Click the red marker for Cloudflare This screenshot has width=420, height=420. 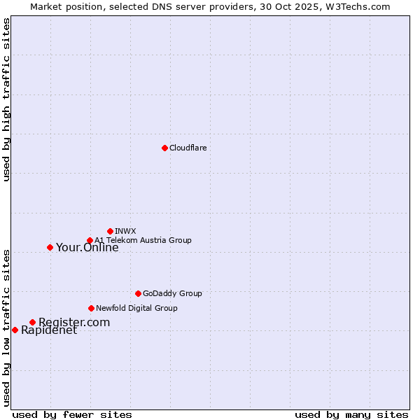pyautogui.click(x=164, y=148)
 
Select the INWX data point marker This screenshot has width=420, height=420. pyautogui.click(x=110, y=231)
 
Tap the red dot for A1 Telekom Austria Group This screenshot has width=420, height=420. pyautogui.click(x=90, y=241)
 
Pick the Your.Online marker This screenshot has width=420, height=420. pyautogui.click(x=50, y=247)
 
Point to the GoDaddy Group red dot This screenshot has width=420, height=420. pyautogui.click(x=138, y=293)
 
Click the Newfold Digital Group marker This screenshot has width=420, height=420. pyautogui.click(x=91, y=308)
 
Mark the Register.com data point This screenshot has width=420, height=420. pyautogui.click(x=32, y=322)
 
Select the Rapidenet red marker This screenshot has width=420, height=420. pyautogui.click(x=15, y=330)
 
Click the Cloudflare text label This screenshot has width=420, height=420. pyautogui.click(x=188, y=148)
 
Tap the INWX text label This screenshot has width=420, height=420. pyautogui.click(x=125, y=231)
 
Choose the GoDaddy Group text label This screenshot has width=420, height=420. pyautogui.click(x=172, y=293)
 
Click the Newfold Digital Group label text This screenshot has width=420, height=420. pyautogui.click(x=136, y=308)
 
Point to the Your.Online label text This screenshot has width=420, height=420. pyautogui.click(x=87, y=247)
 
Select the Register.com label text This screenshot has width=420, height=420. pyautogui.click(x=74, y=322)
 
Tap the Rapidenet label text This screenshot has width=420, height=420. pyautogui.click(x=49, y=330)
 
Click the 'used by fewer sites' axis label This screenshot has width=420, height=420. pyautogui.click(x=72, y=414)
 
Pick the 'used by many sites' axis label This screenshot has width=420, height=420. pyautogui.click(x=351, y=414)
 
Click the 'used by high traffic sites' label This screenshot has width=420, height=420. pyautogui.click(x=6, y=100)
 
